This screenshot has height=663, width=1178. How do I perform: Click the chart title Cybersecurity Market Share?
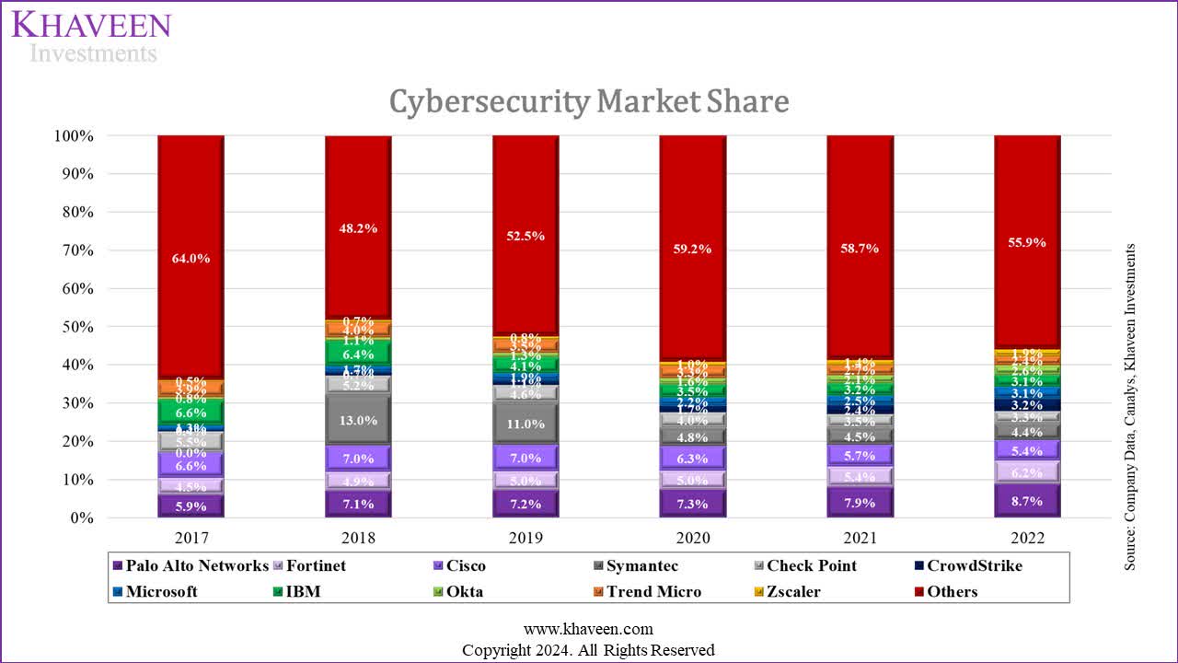pos(589,101)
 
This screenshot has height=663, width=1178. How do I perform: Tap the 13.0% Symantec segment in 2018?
pos(358,420)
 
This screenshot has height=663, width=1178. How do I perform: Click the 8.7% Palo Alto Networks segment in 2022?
pos(1027,502)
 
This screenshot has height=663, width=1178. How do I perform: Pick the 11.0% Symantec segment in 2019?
pos(525,425)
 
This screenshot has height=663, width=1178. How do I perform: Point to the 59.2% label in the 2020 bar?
pos(693,247)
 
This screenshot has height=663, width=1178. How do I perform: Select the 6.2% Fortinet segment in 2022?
pos(1027,473)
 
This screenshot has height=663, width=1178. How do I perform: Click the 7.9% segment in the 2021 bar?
pos(860,503)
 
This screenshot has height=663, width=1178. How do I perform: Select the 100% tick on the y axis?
pos(72,136)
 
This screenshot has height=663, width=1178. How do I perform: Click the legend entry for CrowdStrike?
pos(974,566)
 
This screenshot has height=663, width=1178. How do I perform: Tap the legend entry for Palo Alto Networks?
pos(196,566)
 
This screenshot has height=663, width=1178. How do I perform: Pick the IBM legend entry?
pos(303,592)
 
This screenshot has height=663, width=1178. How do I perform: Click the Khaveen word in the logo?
pos(90,24)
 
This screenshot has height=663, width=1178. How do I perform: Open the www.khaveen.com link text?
pos(588,629)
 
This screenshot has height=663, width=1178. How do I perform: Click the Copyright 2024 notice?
pos(588,650)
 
